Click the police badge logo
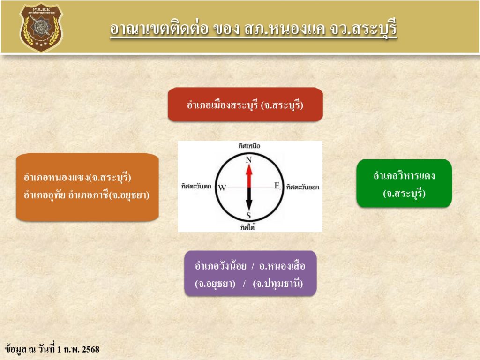tap(41, 27)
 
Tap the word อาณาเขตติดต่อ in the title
tap(159, 29)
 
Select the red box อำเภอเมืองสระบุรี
tap(245, 105)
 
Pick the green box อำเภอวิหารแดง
tap(404, 183)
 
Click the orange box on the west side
tap(87, 187)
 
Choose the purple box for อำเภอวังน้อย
tap(250, 273)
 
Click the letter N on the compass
tap(248, 159)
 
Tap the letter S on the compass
tap(248, 216)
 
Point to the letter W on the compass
tap(222, 187)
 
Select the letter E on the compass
tap(277, 186)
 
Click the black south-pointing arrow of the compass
tap(249, 199)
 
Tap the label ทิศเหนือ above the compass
tap(249, 146)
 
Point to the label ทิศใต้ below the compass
tap(247, 227)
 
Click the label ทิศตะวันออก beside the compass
tap(303, 187)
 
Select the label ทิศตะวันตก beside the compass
tap(196, 186)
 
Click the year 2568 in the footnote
tap(91, 349)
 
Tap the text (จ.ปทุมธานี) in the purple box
tap(278, 284)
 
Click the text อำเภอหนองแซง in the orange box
tap(56, 177)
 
